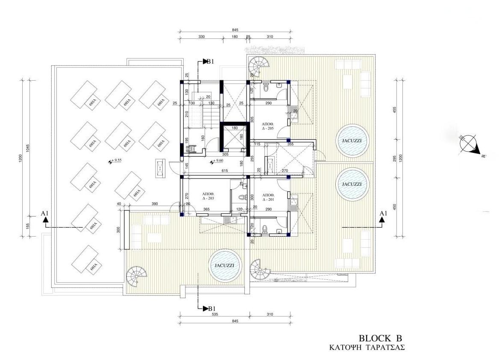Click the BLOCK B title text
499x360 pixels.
tap(380, 338)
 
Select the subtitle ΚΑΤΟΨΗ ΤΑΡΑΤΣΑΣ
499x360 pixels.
tap(367, 348)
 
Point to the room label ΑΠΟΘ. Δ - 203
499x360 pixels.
tap(208, 196)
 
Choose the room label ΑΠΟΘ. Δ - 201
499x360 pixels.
tap(268, 196)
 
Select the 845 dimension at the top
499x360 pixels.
tap(235, 30)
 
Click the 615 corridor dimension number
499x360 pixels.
tap(225, 171)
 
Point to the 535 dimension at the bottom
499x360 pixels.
tap(215, 315)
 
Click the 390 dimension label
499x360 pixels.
tap(155, 204)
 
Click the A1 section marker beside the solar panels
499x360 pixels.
tap(45, 216)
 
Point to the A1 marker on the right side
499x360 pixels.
tap(382, 216)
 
